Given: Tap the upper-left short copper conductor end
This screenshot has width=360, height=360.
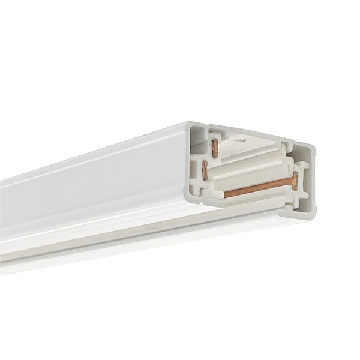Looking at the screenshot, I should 215,148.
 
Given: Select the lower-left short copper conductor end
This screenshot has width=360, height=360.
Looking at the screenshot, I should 205,171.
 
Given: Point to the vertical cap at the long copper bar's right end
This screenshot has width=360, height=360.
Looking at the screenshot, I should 295,180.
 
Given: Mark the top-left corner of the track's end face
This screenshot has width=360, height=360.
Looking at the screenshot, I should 188,124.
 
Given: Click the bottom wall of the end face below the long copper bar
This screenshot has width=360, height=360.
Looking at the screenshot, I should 252,207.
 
